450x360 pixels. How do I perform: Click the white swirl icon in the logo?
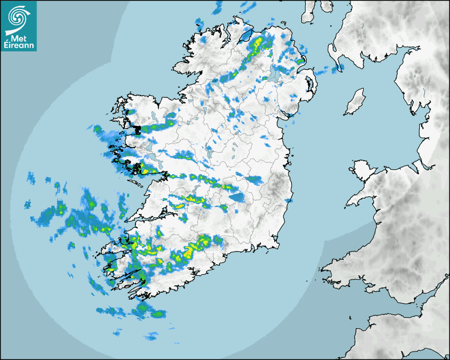pyautogui.click(x=18, y=16)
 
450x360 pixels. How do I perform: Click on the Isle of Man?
pyautogui.click(x=355, y=102)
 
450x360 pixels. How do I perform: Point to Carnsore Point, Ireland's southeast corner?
pyautogui.click(x=277, y=246)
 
